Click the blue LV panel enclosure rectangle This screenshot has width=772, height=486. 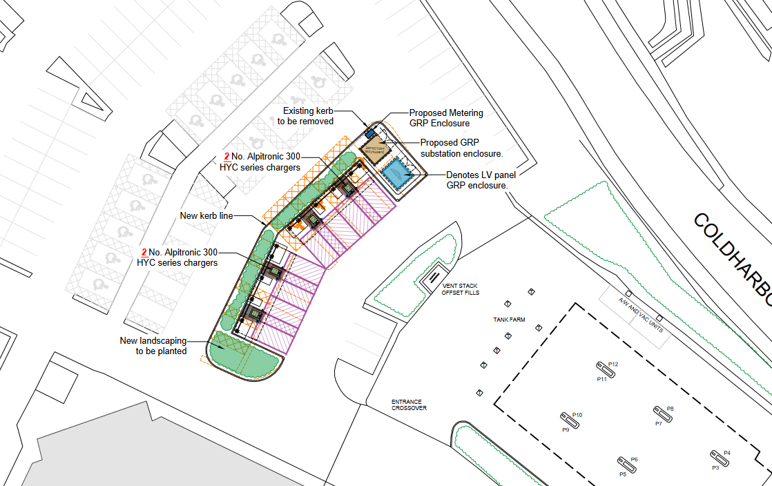tap(396, 173)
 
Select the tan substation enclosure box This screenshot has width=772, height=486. tap(376, 148)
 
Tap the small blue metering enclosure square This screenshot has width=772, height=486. tap(369, 132)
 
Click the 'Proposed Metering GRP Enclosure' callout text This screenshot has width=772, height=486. tap(446, 118)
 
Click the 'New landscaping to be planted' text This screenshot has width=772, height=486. tap(153, 346)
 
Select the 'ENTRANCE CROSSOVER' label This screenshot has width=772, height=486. tap(409, 405)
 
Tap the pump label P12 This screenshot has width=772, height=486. tap(612, 364)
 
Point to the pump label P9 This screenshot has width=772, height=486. tap(565, 430)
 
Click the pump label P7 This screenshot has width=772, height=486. tap(658, 423)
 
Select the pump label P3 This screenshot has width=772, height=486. tap(715, 468)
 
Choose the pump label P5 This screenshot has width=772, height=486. tap(622, 474)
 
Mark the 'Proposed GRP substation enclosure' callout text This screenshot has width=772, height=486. tap(461, 148)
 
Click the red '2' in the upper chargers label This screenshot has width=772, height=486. tap(226, 157)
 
